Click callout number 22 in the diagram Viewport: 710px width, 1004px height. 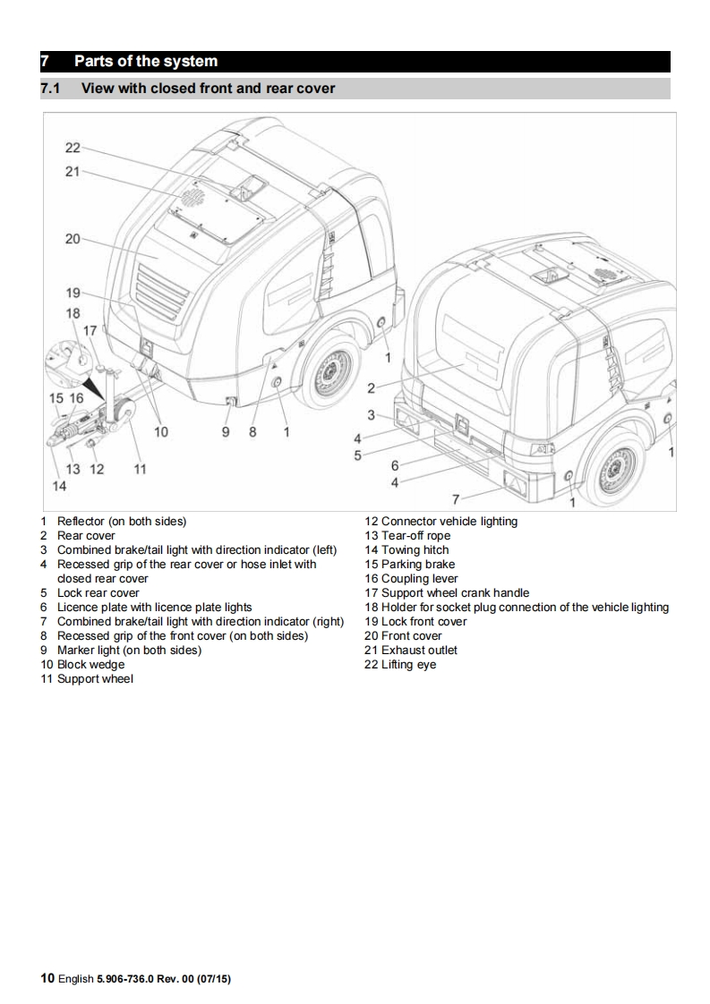[73, 148]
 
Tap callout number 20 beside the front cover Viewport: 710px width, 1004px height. [73, 239]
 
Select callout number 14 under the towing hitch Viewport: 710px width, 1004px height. [59, 486]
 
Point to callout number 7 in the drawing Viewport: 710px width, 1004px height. [456, 498]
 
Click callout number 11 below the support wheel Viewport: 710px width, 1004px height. [140, 469]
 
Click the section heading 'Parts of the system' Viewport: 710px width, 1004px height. [145, 62]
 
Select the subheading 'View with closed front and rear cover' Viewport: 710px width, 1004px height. [208, 89]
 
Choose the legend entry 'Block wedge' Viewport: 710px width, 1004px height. [90, 665]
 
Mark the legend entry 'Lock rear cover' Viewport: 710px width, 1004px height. [98, 593]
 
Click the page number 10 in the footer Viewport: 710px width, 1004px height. [47, 979]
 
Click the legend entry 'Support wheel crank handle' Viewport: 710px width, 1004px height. [455, 593]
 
